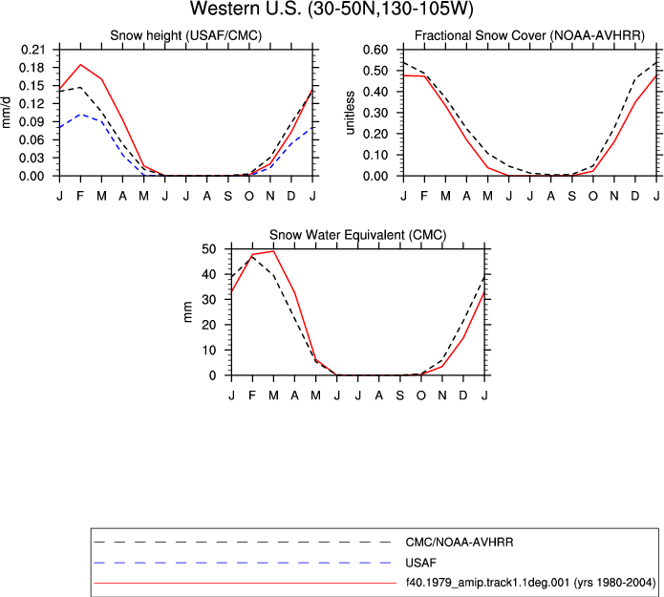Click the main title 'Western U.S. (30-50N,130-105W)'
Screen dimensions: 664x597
click(x=332, y=9)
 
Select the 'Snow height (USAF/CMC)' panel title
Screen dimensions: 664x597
click(x=186, y=35)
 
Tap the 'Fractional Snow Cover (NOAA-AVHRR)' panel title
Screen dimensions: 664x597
click(x=529, y=35)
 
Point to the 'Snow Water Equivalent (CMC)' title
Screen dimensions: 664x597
click(x=358, y=235)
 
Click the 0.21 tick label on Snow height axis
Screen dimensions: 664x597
click(x=32, y=50)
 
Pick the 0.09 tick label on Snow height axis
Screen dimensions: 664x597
click(x=32, y=122)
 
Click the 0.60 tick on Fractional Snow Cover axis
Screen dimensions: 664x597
click(x=375, y=50)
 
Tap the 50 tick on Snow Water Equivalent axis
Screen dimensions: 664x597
click(x=208, y=249)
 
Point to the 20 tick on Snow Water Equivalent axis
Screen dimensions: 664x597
click(x=208, y=325)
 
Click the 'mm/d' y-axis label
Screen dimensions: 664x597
click(x=6, y=113)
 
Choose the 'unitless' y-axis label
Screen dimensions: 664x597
click(x=350, y=113)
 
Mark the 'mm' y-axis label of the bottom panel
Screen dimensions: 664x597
click(x=188, y=312)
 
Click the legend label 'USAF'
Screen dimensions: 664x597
click(x=421, y=563)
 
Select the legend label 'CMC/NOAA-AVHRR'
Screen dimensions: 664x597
click(x=460, y=543)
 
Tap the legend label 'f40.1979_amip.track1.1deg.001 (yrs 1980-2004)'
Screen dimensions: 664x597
click(x=530, y=583)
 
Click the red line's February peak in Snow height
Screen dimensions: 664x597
click(x=80, y=64)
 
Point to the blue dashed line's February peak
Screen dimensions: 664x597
click(x=80, y=115)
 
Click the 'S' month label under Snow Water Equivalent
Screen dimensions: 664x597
click(x=400, y=395)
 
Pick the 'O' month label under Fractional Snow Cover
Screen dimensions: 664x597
click(x=593, y=196)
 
